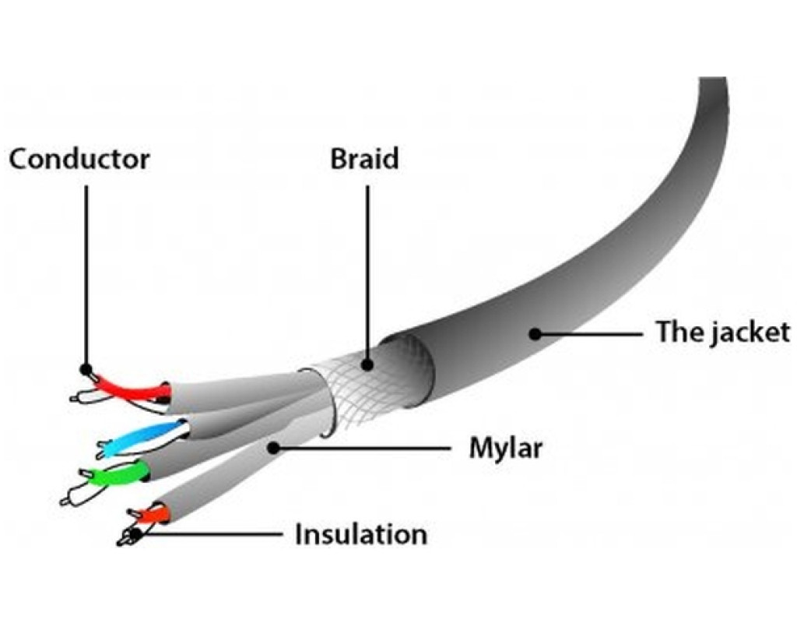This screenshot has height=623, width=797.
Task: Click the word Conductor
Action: point(79,159)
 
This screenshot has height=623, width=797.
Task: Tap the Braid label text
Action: point(364,159)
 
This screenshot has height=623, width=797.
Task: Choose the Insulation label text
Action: point(360,535)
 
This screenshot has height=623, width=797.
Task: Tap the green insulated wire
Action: point(118,476)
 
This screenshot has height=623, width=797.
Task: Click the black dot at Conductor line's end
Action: point(86,369)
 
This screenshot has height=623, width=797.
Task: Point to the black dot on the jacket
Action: point(534,334)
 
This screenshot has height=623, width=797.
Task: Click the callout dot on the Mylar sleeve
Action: point(272,447)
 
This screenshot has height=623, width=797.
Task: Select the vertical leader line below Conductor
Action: point(86,273)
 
